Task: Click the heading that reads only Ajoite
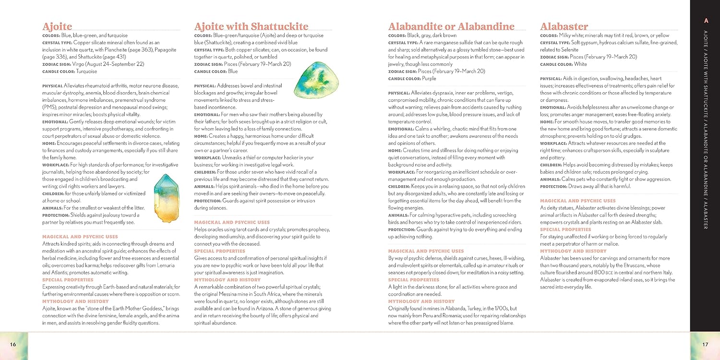(x=57, y=26)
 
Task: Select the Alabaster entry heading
(x=564, y=26)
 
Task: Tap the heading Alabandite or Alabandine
(x=451, y=26)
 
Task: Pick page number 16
(x=13, y=344)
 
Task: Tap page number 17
(x=705, y=344)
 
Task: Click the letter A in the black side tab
(x=706, y=20)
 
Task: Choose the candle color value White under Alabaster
(x=580, y=64)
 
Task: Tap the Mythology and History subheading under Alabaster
(x=573, y=251)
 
